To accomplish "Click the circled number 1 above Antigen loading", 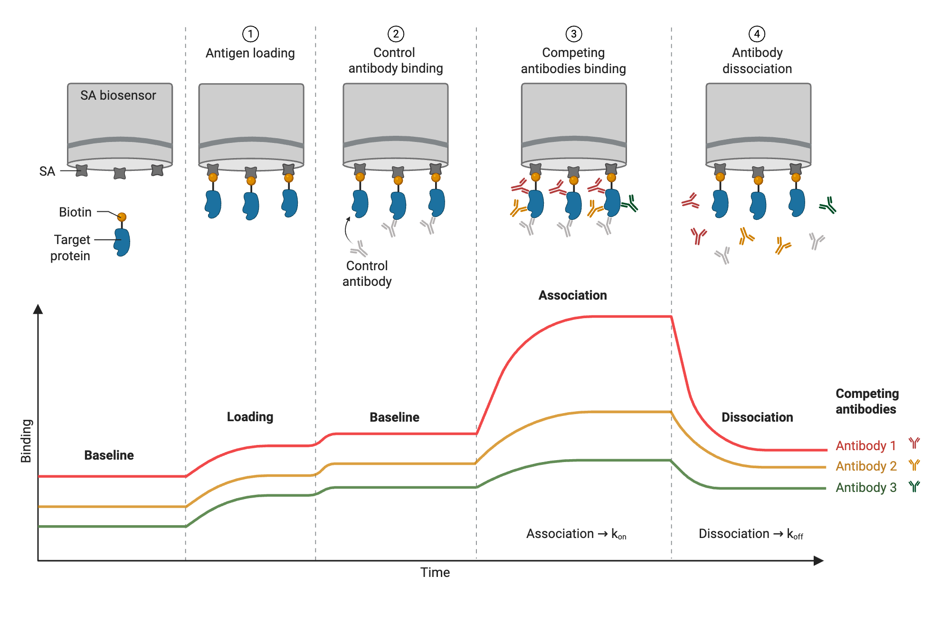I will pos(250,34).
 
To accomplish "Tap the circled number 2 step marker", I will pos(396,34).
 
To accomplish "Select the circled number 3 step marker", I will pos(574,34).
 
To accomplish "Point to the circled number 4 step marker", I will pos(757,34).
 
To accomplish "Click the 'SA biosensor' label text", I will pos(118,95).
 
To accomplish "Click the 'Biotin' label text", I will pos(75,212).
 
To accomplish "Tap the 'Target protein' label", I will pos(71,247).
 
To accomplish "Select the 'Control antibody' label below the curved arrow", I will pos(367,274).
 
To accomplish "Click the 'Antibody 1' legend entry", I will pos(866,445).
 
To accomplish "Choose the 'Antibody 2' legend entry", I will pos(866,466).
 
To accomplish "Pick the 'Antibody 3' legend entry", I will pos(866,488).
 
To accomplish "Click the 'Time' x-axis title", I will pos(435,573).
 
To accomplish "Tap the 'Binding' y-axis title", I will pos(26,441).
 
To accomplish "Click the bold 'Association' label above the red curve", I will pos(572,295).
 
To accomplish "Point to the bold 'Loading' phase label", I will pos(250,417).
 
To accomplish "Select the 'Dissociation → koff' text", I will pos(750,534).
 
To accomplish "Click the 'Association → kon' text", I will pos(576,534).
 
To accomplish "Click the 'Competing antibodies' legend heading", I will pos(867,401).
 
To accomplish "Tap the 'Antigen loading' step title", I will pos(250,53).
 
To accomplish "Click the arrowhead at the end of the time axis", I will pos(818,561).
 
